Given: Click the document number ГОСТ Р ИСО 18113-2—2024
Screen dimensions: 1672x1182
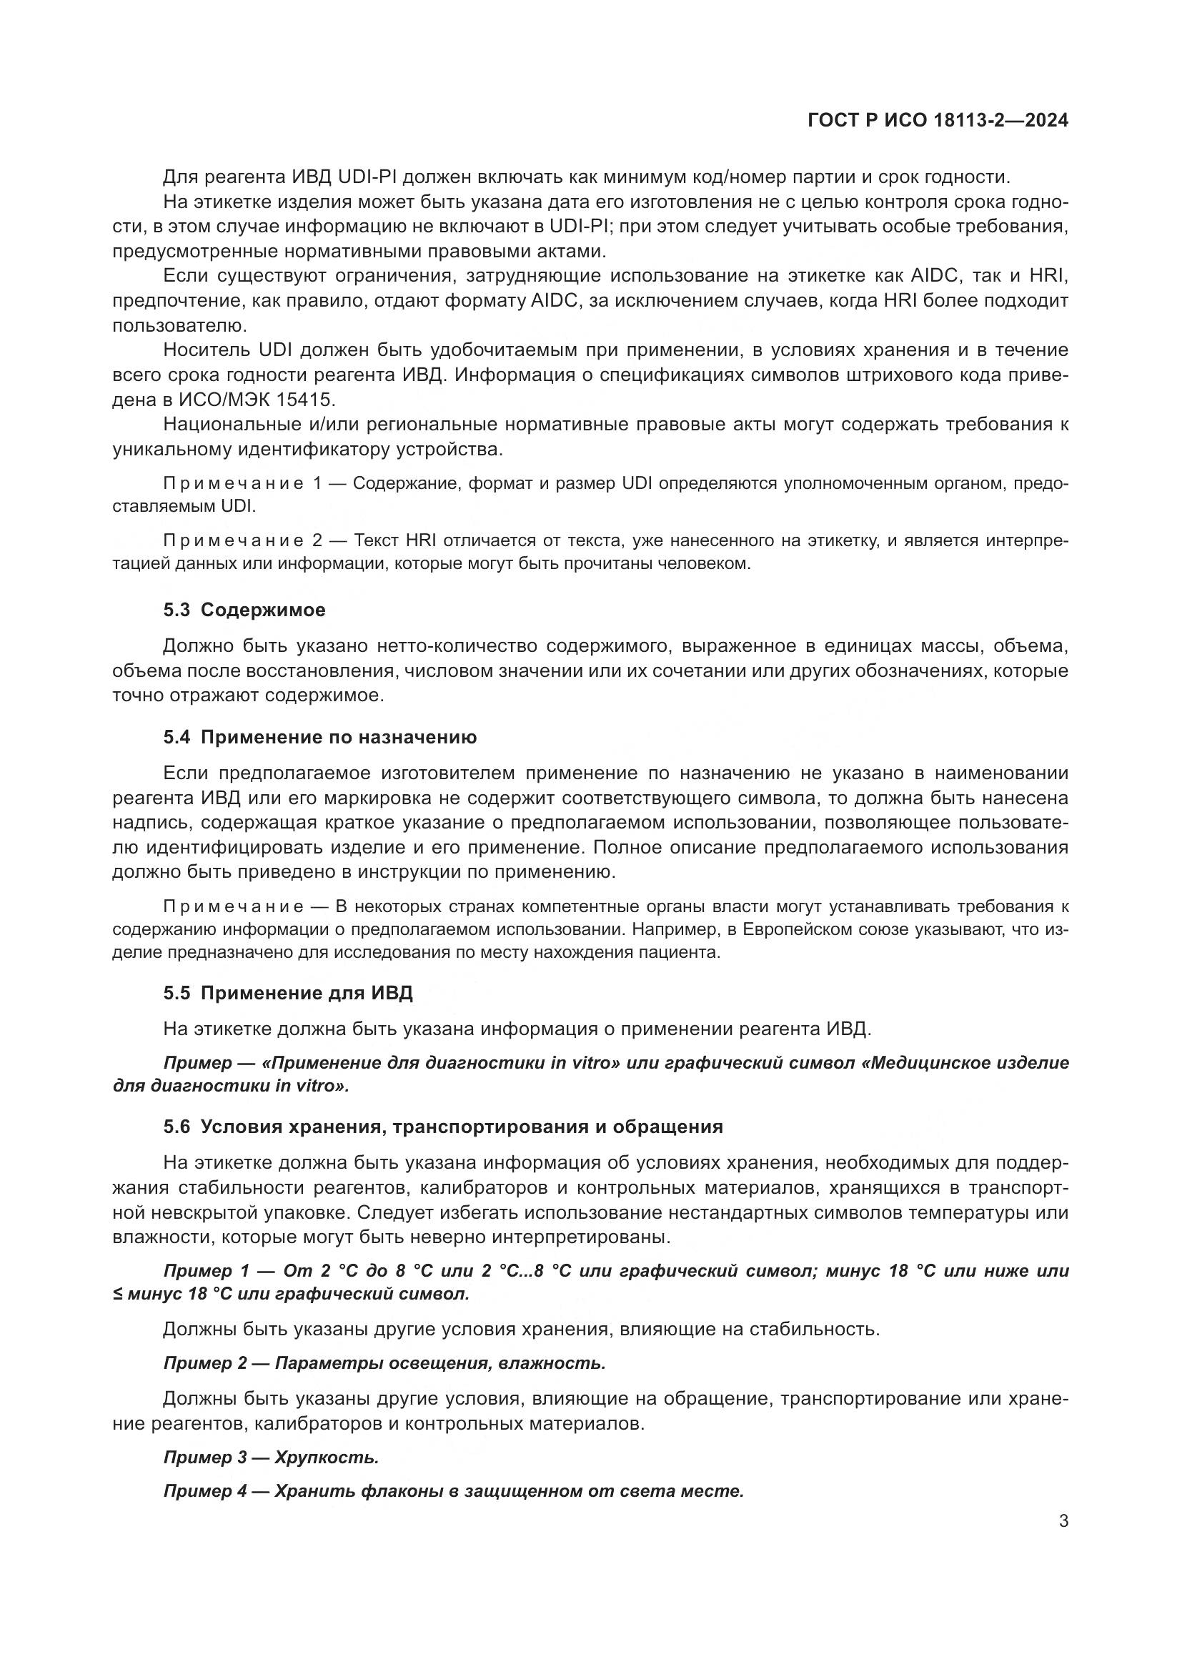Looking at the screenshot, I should (x=938, y=120).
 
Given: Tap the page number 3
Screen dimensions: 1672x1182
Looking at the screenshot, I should (x=1063, y=1521).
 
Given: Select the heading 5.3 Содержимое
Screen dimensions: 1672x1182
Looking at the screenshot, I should (x=244, y=610).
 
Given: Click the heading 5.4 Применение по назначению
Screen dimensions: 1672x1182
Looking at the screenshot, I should (x=319, y=738).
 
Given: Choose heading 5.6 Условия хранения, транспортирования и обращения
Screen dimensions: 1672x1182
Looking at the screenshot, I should (x=442, y=1127).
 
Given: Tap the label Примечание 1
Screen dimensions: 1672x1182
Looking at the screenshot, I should (x=242, y=483).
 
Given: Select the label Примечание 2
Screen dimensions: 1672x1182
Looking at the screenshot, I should (x=242, y=540).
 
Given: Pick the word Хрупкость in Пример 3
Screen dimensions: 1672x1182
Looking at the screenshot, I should (x=327, y=1458).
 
